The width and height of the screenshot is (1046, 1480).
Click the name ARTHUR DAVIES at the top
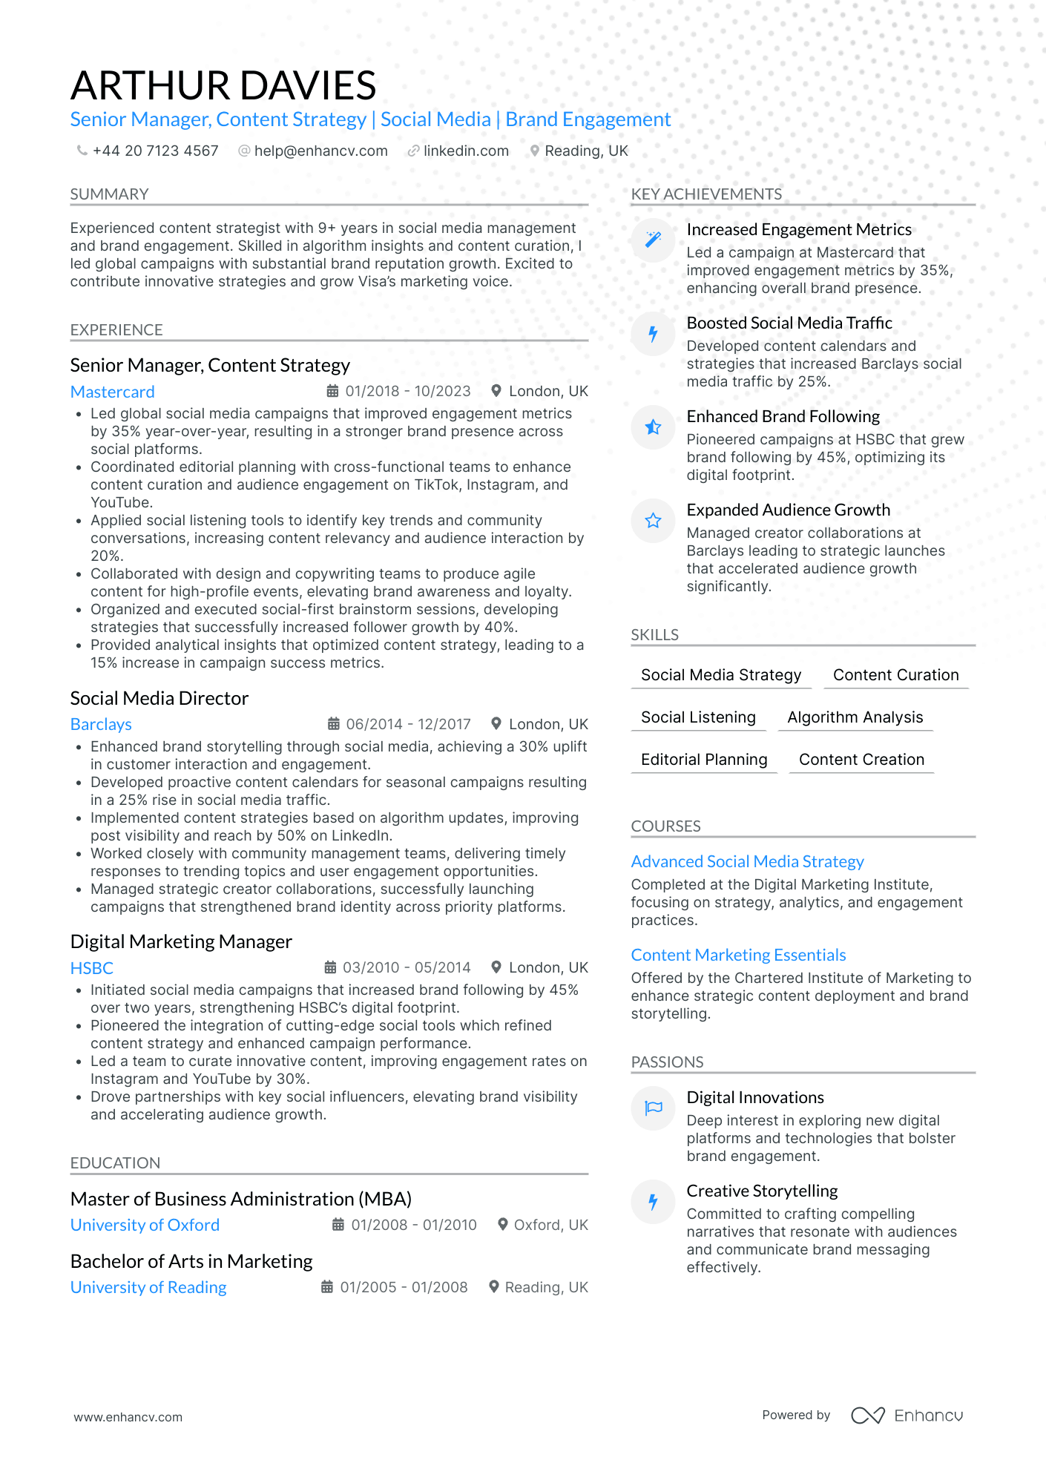(223, 85)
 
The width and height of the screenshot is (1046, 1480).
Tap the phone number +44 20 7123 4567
(155, 151)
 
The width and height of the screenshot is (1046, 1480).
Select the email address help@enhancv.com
(320, 151)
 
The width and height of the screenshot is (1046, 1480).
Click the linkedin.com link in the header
(466, 151)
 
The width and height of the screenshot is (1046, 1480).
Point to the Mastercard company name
(113, 392)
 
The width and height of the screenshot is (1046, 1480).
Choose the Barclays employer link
(101, 724)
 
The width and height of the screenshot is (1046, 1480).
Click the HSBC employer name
(92, 968)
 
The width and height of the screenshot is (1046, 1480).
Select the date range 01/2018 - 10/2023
(407, 391)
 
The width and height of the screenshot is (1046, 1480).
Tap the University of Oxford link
(145, 1225)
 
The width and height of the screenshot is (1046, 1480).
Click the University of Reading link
(148, 1287)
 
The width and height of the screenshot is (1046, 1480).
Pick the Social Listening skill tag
(698, 717)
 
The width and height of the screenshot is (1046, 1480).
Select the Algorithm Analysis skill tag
(855, 717)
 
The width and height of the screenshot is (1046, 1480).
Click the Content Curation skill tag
(895, 675)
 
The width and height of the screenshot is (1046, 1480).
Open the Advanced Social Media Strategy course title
(747, 861)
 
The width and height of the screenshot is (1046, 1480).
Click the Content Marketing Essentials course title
(738, 955)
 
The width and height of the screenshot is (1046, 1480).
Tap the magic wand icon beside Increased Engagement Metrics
(653, 240)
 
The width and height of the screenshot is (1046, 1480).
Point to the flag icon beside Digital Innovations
(653, 1108)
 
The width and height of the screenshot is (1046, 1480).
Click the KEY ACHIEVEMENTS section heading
(706, 194)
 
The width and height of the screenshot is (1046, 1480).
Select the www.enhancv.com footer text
(128, 1417)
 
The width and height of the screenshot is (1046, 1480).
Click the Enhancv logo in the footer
(907, 1415)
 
